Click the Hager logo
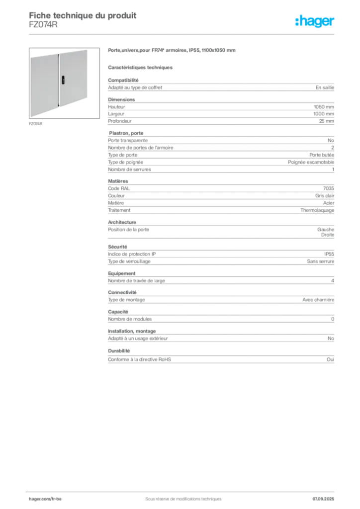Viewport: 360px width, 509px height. [315, 21]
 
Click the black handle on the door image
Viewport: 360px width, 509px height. [63, 80]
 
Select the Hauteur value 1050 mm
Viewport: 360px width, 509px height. [324, 107]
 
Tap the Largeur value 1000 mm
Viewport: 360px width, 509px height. [324, 114]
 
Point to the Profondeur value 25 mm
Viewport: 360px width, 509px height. [326, 121]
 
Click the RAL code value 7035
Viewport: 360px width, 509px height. [329, 188]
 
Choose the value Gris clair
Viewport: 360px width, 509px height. [325, 196]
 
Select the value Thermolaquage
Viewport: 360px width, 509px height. [317, 210]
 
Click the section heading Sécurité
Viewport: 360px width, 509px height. [117, 247]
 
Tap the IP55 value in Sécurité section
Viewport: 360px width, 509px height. [329, 254]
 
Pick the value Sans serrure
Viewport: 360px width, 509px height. [320, 261]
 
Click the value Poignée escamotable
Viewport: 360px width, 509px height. [311, 163]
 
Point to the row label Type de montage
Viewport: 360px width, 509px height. [126, 300]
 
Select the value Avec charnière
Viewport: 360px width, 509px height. [318, 300]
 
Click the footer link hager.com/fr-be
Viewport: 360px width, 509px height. [45, 499]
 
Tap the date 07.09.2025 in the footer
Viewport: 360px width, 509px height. [323, 499]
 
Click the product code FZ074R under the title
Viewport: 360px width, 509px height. [43, 25]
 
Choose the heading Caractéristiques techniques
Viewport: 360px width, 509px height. [140, 68]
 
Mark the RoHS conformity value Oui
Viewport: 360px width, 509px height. [330, 360]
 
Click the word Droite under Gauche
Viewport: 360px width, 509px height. [328, 235]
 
